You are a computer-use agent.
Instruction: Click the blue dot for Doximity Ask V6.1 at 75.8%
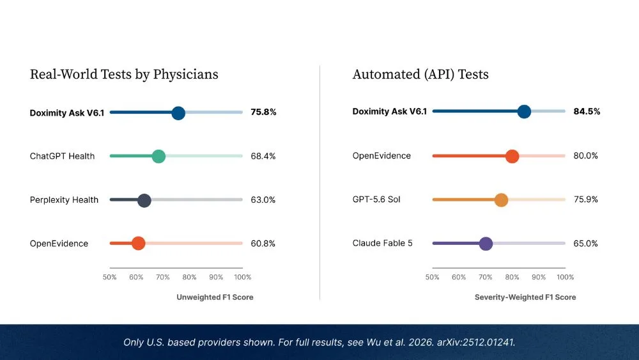pyautogui.click(x=178, y=113)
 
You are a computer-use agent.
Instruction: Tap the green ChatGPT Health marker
pyautogui.click(x=158, y=156)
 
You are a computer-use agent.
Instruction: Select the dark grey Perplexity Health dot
pyautogui.click(x=144, y=200)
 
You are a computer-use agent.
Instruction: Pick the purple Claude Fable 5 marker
pyautogui.click(x=486, y=244)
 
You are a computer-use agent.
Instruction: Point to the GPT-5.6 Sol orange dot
pyautogui.click(x=501, y=200)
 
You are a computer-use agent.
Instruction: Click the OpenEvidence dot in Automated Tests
pyautogui.click(x=512, y=156)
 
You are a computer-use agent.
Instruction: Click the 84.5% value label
pyautogui.click(x=587, y=112)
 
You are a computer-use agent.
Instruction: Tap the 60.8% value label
pyautogui.click(x=263, y=244)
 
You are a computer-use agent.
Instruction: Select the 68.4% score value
pyautogui.click(x=263, y=156)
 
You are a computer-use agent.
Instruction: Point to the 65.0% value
pyautogui.click(x=585, y=244)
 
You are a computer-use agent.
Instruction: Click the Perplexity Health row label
pyautogui.click(x=64, y=200)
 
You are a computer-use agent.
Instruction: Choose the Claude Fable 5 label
pyautogui.click(x=382, y=244)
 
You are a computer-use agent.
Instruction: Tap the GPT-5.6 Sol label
pyautogui.click(x=376, y=200)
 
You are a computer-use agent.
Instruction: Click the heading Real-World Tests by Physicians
pyautogui.click(x=124, y=75)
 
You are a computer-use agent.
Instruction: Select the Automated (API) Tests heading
pyautogui.click(x=420, y=75)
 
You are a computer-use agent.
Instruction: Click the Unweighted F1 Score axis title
pyautogui.click(x=215, y=297)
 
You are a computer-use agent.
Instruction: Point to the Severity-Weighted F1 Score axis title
pyautogui.click(x=525, y=297)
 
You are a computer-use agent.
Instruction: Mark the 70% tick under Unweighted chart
pyautogui.click(x=162, y=278)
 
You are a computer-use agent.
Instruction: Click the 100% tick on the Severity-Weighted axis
pyautogui.click(x=566, y=278)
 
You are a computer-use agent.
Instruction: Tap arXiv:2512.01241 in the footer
pyautogui.click(x=475, y=342)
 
